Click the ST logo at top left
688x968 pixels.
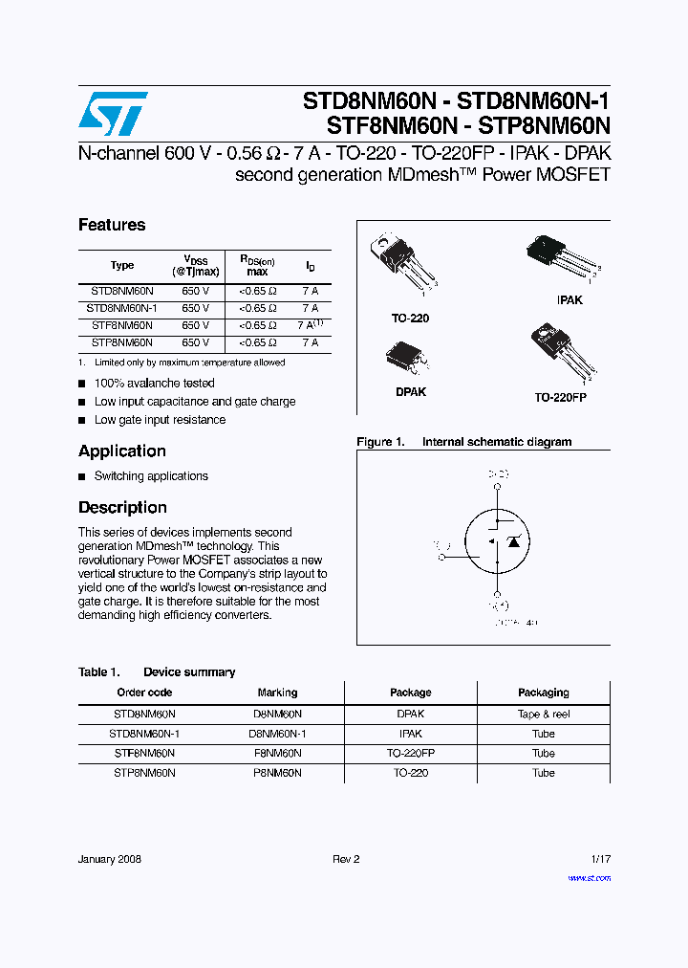pyautogui.click(x=113, y=114)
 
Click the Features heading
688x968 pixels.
pyautogui.click(x=112, y=225)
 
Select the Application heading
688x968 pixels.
pyautogui.click(x=122, y=451)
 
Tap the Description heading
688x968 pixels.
pyautogui.click(x=122, y=508)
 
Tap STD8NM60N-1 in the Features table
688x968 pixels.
pyautogui.click(x=121, y=308)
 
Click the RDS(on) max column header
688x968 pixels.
pyautogui.click(x=257, y=265)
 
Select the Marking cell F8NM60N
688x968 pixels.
pyautogui.click(x=277, y=753)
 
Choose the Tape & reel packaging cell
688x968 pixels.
pyautogui.click(x=543, y=714)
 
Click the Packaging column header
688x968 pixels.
pyautogui.click(x=543, y=693)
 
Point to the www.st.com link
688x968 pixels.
pyautogui.click(x=589, y=878)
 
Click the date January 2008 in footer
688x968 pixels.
pyautogui.click(x=110, y=859)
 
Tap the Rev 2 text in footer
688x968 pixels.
pyautogui.click(x=346, y=859)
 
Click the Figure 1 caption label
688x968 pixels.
pyautogui.click(x=380, y=442)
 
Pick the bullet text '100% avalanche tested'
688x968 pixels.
pyautogui.click(x=154, y=384)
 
